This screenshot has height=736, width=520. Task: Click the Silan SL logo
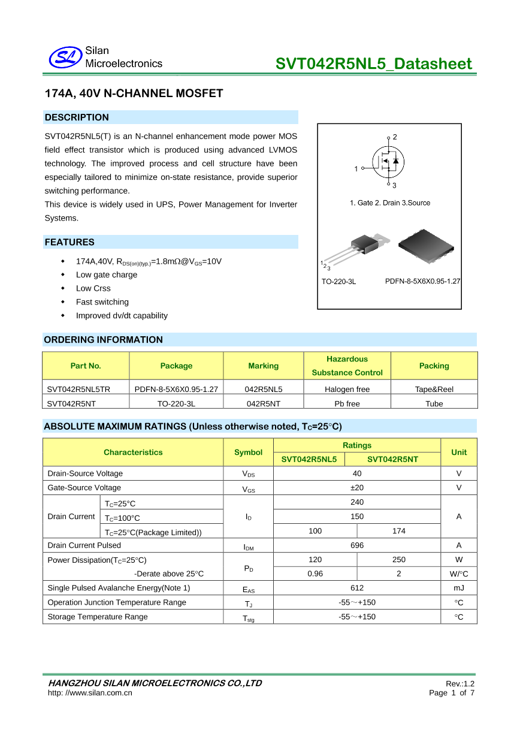[64, 58]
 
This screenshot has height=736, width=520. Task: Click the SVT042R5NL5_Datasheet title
[374, 64]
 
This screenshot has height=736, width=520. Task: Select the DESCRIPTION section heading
[77, 117]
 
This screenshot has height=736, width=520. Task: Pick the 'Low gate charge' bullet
[107, 275]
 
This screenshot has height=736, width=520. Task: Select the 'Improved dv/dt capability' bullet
[122, 316]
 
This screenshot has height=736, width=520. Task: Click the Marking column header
[264, 366]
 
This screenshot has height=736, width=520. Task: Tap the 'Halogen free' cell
[347, 389]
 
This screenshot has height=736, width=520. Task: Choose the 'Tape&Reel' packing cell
[434, 389]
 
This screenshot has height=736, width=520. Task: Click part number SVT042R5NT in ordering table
[71, 403]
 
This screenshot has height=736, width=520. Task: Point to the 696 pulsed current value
[357, 545]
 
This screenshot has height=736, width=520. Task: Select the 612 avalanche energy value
[357, 588]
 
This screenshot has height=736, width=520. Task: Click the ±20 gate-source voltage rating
[357, 488]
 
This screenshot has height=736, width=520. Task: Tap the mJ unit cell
[459, 588]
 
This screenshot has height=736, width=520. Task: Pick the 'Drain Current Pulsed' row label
[84, 545]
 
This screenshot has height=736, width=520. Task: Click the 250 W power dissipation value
[399, 560]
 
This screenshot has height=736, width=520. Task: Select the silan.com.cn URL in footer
[90, 693]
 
